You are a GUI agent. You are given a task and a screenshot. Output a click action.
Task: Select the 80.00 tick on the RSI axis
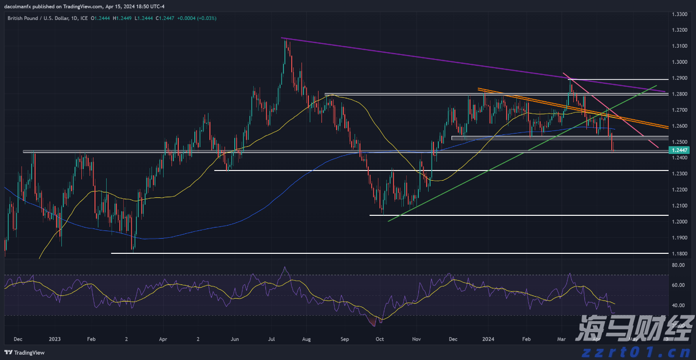tap(678, 265)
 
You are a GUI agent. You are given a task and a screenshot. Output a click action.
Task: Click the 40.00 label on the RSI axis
tap(678, 305)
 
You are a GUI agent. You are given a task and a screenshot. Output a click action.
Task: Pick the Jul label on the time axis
tap(272, 339)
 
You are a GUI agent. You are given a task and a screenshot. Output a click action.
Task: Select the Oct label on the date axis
tap(380, 339)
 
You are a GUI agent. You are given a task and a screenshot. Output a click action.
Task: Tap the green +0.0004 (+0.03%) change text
tap(197, 18)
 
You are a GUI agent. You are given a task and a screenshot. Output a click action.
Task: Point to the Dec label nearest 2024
tap(452, 339)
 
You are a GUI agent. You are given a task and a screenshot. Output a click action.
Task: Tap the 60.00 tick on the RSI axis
tap(678, 285)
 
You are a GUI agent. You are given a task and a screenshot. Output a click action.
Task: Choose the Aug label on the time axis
tap(306, 339)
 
